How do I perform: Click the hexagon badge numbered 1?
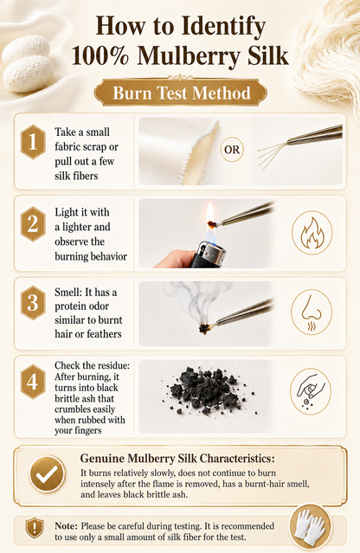pos(33,142)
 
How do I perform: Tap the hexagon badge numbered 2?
pos(33,224)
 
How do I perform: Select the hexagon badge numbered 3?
pos(33,303)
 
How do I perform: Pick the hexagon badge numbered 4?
pos(33,382)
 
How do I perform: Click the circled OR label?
pos(232,150)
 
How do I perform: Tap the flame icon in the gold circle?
pos(312,233)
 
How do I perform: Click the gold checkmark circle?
pos(47,474)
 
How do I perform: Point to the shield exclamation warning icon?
pos(35,528)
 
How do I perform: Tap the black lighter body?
pos(208,254)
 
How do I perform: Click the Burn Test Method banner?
pos(181,93)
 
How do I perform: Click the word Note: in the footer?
pos(66,526)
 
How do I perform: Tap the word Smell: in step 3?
pos(68,292)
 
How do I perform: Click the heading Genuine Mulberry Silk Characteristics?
pos(177,459)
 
